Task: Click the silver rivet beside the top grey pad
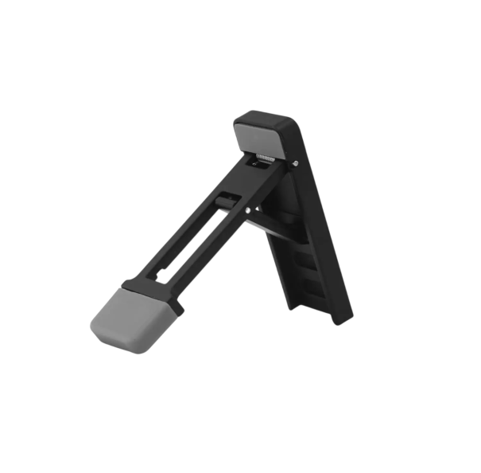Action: click(296, 164)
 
